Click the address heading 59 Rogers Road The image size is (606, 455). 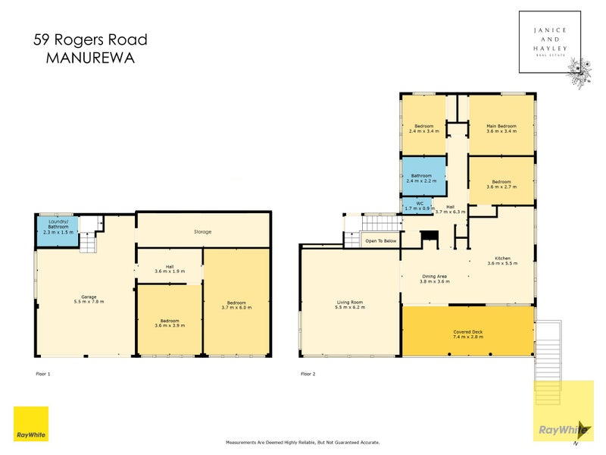[91, 40]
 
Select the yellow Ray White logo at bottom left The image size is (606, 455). [31, 425]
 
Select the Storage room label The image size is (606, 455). [201, 231]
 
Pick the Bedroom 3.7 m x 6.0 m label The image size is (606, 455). [236, 306]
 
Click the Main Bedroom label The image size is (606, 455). [501, 128]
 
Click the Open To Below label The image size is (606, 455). [381, 241]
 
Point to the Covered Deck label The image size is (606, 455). [468, 334]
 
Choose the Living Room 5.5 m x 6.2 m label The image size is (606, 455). [351, 305]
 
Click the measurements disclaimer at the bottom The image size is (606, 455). [303, 442]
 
